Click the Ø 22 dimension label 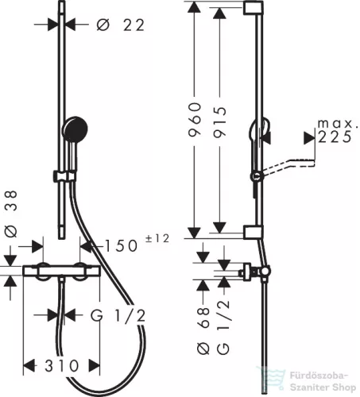pyautogui.click(x=121, y=25)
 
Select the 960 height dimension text pyautogui.click(x=195, y=120)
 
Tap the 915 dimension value pyautogui.click(x=220, y=122)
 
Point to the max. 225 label pyautogui.click(x=335, y=130)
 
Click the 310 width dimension pyautogui.click(x=62, y=365)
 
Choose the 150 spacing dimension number pyautogui.click(x=122, y=245)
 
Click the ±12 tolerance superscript pyautogui.click(x=157, y=238)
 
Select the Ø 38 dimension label pyautogui.click(x=11, y=214)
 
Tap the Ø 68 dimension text pyautogui.click(x=203, y=330)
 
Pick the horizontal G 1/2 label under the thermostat pyautogui.click(x=118, y=315)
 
